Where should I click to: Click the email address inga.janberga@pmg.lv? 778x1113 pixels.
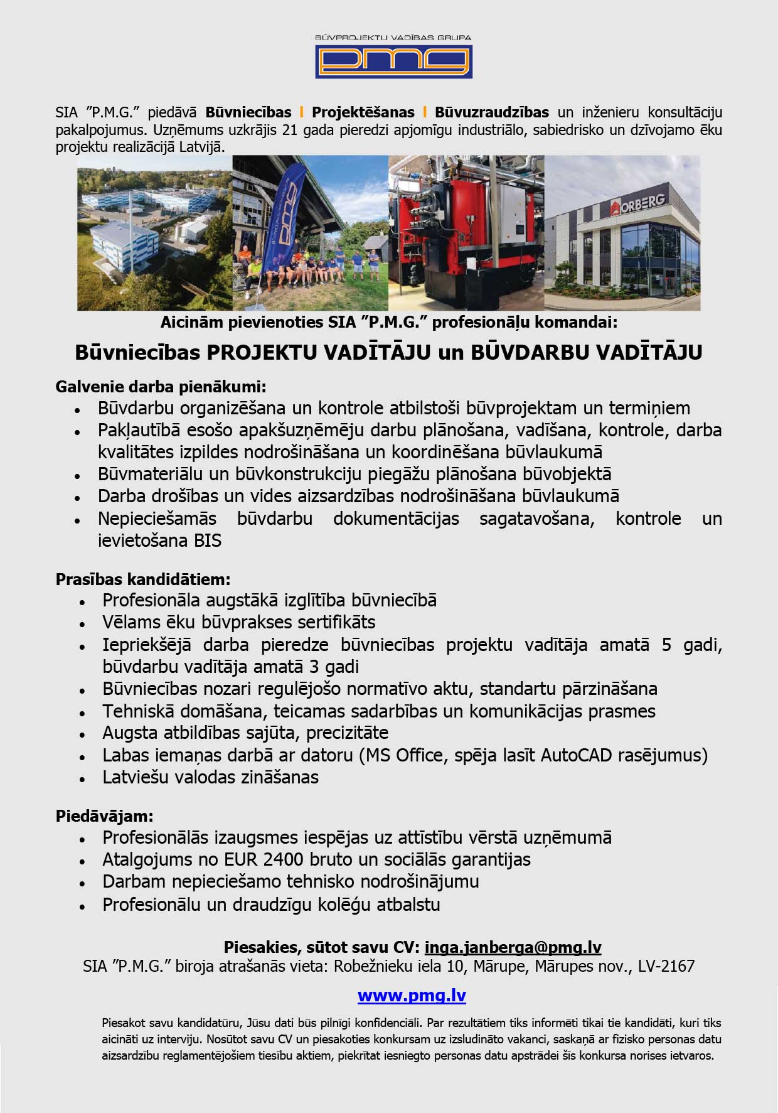tap(513, 947)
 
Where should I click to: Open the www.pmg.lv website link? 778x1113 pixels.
tap(412, 996)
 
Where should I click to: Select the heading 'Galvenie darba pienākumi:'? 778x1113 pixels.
tap(161, 386)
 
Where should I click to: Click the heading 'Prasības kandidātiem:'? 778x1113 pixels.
tap(143, 578)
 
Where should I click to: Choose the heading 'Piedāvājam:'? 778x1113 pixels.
tap(105, 816)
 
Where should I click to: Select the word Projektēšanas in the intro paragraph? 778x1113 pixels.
tap(363, 112)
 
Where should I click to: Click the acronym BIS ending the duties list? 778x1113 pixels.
tap(208, 540)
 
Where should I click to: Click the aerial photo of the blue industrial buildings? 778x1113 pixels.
tap(154, 233)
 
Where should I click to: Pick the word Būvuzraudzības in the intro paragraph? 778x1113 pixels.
tap(492, 112)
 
